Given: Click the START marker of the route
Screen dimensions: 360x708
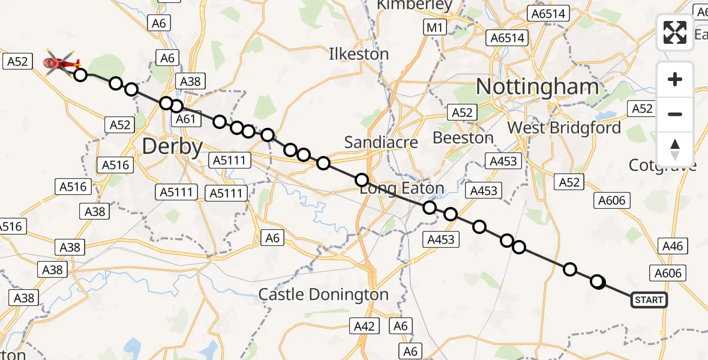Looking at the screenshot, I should tap(649, 299).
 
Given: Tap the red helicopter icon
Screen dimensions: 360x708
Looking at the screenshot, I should tap(62, 62).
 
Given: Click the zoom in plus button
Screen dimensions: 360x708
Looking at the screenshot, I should tap(675, 79).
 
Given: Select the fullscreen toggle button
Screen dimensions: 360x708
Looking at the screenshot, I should tap(675, 32).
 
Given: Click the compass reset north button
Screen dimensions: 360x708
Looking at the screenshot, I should tap(675, 149).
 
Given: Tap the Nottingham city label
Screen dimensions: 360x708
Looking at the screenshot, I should tap(537, 87).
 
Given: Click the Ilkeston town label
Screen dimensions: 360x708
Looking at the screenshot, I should tap(359, 54).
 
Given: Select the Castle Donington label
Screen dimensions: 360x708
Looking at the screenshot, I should tap(323, 295).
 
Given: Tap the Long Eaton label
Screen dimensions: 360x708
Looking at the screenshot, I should tap(402, 188).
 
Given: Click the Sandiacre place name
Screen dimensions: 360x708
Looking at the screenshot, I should tap(377, 142).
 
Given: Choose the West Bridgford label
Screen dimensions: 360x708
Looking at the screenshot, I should tap(564, 128).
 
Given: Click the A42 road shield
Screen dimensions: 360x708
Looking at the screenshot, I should tap(364, 326).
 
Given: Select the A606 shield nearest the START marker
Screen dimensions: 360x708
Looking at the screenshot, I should tap(668, 273).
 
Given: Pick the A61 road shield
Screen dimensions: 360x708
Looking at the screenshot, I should tap(186, 119).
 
